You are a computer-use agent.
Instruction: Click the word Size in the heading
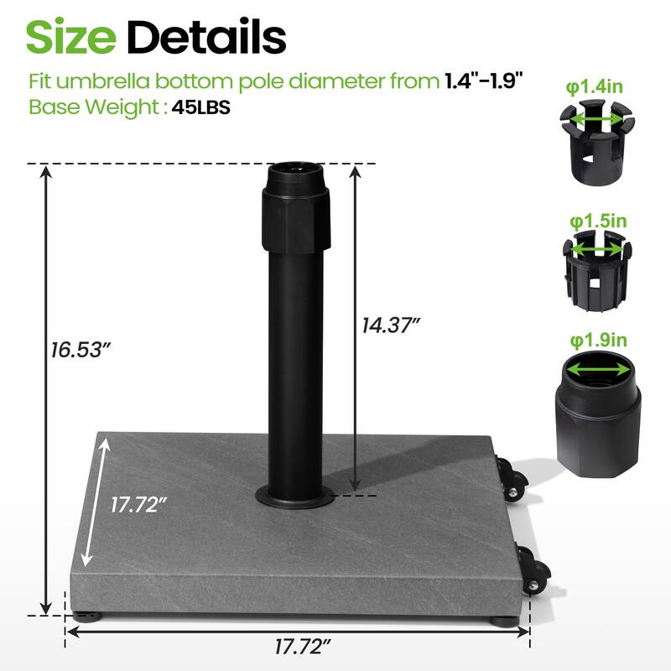(72, 36)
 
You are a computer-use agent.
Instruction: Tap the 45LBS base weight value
(201, 107)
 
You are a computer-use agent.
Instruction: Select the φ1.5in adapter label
(599, 221)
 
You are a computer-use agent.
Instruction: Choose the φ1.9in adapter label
(599, 340)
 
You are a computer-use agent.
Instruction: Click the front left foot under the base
(88, 615)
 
